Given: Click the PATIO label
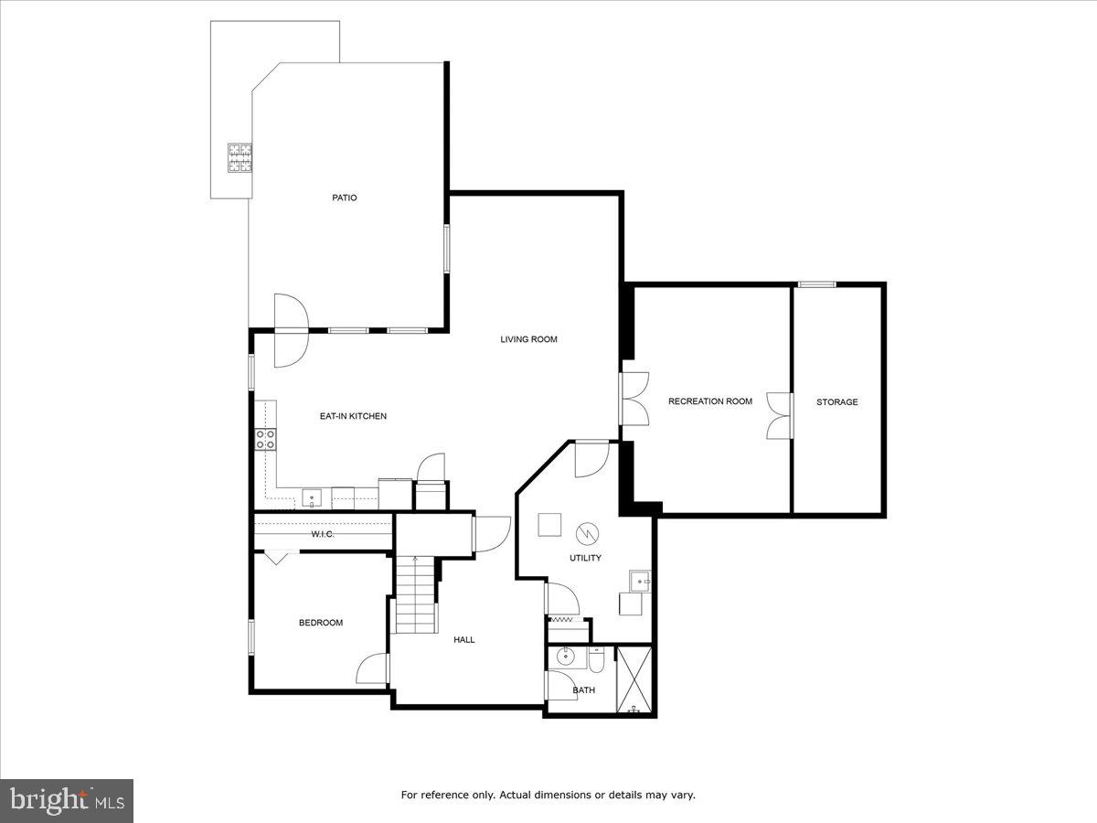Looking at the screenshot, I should point(344,198).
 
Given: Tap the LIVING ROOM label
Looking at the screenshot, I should point(528,339).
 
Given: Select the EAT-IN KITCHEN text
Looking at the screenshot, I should point(353,416).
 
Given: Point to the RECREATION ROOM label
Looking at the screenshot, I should point(710,401).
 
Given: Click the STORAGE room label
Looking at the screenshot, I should point(837,401).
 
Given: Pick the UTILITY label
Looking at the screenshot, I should point(585,558).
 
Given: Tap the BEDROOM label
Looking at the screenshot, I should point(321,623).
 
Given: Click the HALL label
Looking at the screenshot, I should point(464,639).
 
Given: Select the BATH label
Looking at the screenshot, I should point(583,690).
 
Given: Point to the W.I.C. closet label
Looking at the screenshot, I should point(322,534).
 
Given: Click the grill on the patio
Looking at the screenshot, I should point(240,158).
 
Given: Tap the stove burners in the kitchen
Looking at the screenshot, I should point(266,439).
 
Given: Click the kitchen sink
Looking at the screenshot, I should point(312,499).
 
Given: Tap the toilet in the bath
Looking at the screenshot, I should point(595,657).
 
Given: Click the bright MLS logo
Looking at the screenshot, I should point(67,801).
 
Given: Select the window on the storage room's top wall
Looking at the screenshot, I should point(816,284).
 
